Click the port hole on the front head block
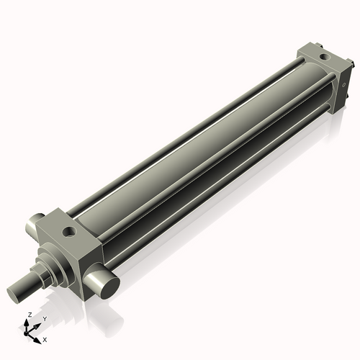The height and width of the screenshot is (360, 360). point(68,232)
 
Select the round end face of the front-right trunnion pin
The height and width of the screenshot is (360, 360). point(109,284)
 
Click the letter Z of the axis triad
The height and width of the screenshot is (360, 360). point(28,315)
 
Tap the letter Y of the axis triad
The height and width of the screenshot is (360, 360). point(44,318)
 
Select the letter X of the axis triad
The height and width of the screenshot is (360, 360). point(45,338)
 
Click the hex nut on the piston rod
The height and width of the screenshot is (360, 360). point(48,271)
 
